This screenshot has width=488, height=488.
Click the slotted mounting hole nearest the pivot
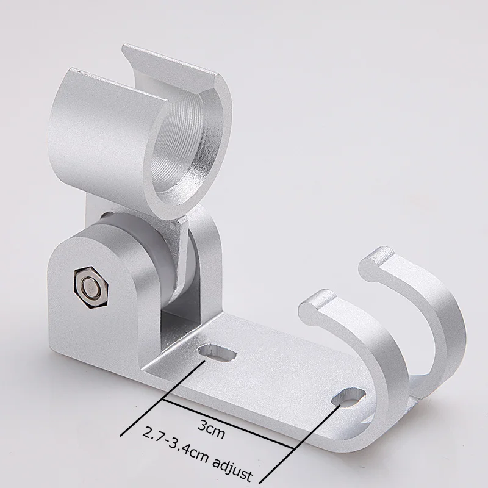tap(218, 353)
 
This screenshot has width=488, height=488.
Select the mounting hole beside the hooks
tap(348, 396)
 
